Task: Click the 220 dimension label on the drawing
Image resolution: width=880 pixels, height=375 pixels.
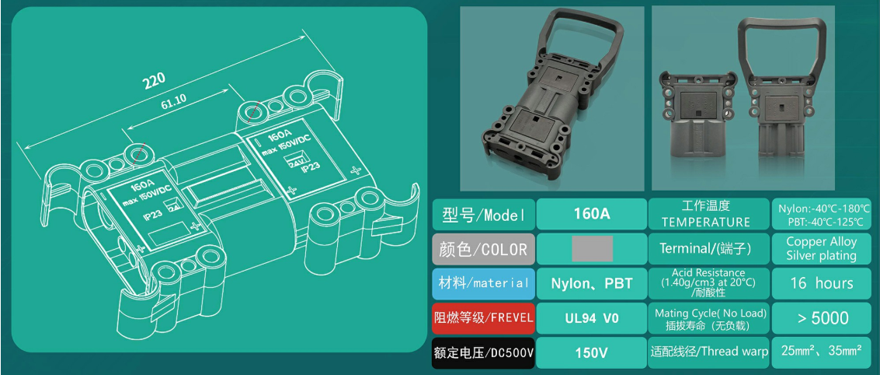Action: tap(155, 82)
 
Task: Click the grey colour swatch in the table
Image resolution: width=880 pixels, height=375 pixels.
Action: tap(592, 249)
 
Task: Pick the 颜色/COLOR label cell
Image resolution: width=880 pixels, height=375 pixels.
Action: tap(483, 249)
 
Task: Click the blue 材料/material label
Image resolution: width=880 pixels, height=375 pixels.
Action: tap(483, 283)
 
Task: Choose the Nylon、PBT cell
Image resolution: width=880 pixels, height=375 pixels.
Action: tap(591, 283)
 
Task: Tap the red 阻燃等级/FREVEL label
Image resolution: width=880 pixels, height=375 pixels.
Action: tap(483, 317)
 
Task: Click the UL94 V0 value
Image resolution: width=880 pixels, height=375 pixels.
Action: tap(591, 317)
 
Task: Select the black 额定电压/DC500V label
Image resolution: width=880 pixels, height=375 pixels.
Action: tap(483, 352)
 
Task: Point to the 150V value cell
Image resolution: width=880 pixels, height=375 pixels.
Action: tap(591, 352)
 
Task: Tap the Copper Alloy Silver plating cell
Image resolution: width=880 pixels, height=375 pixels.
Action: tap(821, 249)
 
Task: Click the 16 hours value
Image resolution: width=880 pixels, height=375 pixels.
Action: tap(821, 283)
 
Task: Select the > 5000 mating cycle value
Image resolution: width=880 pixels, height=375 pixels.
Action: tap(821, 317)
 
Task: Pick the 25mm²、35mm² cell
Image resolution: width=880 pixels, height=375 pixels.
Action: tap(821, 352)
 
